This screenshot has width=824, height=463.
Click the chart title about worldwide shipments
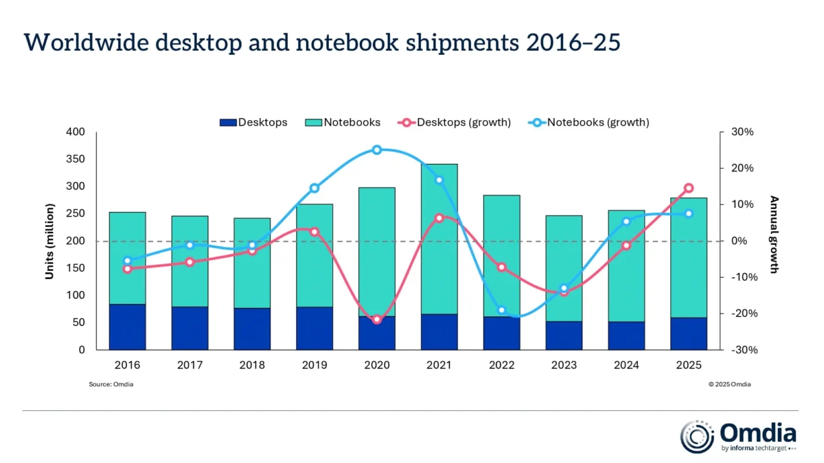coord(322,43)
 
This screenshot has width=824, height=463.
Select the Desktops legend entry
coord(253,123)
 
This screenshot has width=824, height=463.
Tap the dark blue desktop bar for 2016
coord(127,327)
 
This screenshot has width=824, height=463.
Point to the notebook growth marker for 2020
coord(377,150)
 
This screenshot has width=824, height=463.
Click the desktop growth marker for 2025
coord(689,188)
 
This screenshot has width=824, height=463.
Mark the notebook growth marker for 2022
coord(502,311)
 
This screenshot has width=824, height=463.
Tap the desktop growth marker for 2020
coord(377,320)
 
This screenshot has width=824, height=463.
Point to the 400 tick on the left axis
coord(76,132)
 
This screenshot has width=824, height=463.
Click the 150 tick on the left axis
coord(76,268)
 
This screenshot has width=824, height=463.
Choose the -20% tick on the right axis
coord(743,313)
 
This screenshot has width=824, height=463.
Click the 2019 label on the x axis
coord(314,366)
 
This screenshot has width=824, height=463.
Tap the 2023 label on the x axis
coord(564,366)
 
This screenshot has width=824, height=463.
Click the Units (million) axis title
coord(49,241)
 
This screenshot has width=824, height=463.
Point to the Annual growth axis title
coord(774,235)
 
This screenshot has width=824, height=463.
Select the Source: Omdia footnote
coord(111,385)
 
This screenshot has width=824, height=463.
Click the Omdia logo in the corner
coord(738,437)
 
